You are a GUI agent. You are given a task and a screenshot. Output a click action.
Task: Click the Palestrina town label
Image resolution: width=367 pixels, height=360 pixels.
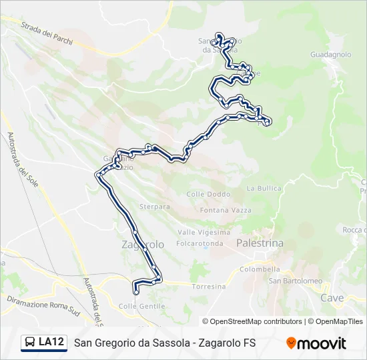(x=260, y=244)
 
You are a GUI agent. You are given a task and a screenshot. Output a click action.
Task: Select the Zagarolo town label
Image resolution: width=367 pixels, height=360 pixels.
(x=143, y=245)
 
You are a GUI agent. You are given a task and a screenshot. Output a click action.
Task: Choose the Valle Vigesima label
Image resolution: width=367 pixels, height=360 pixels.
(x=204, y=232)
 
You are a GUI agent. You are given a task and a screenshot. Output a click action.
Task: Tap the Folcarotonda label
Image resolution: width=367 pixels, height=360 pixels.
(x=200, y=243)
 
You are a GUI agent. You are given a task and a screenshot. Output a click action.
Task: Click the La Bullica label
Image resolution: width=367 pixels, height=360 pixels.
(x=264, y=189)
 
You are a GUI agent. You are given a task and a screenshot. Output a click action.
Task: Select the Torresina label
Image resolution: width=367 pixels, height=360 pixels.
(x=208, y=287)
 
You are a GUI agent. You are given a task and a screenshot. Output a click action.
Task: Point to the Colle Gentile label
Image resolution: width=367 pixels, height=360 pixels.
(x=141, y=306)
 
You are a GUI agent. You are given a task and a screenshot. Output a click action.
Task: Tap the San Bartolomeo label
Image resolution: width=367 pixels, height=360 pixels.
(x=295, y=281)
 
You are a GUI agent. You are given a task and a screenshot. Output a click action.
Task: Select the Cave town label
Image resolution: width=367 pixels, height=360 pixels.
(x=332, y=297)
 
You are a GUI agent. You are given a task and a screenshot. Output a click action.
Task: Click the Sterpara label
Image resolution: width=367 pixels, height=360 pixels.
(x=155, y=207)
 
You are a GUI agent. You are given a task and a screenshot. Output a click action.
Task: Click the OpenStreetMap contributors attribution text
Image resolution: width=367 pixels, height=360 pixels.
(x=252, y=321)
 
